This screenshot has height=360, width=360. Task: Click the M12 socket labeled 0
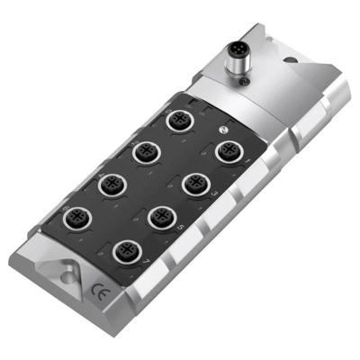[176, 119]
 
